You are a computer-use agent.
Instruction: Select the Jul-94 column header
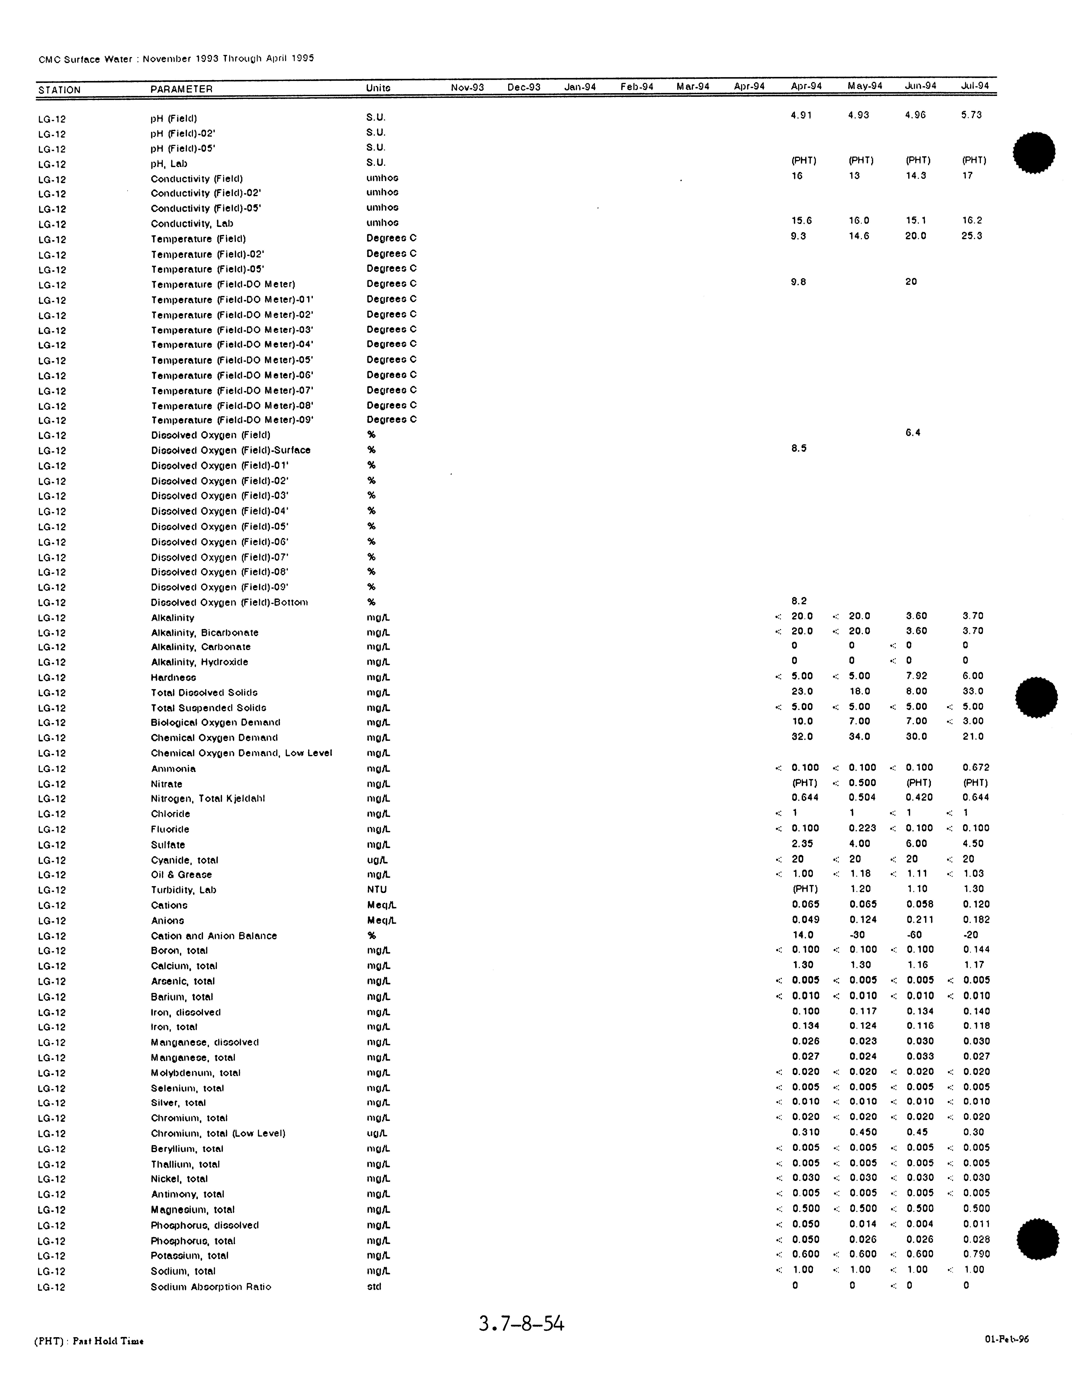tap(974, 86)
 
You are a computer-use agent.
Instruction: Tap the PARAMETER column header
tap(181, 89)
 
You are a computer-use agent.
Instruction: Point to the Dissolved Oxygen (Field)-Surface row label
tap(231, 450)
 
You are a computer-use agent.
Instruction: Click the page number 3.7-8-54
tap(521, 1323)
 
